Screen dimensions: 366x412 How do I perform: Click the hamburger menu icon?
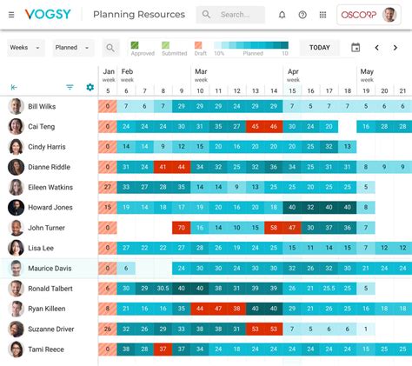point(11,15)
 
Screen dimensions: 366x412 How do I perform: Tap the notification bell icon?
point(282,15)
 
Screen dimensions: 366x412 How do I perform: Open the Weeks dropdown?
point(25,48)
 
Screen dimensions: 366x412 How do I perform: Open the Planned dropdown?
point(72,48)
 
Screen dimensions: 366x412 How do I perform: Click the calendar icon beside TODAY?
point(355,48)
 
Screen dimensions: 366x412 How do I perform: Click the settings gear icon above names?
point(90,87)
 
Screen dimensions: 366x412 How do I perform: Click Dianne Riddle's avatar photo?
point(16,167)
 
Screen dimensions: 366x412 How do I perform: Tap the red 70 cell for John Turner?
point(181,228)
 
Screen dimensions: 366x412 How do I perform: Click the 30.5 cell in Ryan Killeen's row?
point(163,309)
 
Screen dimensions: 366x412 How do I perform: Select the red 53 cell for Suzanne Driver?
point(254,329)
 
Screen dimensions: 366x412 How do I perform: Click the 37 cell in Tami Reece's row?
point(163,349)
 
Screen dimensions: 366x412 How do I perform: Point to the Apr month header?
point(293,72)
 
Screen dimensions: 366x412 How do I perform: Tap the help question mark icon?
point(302,15)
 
